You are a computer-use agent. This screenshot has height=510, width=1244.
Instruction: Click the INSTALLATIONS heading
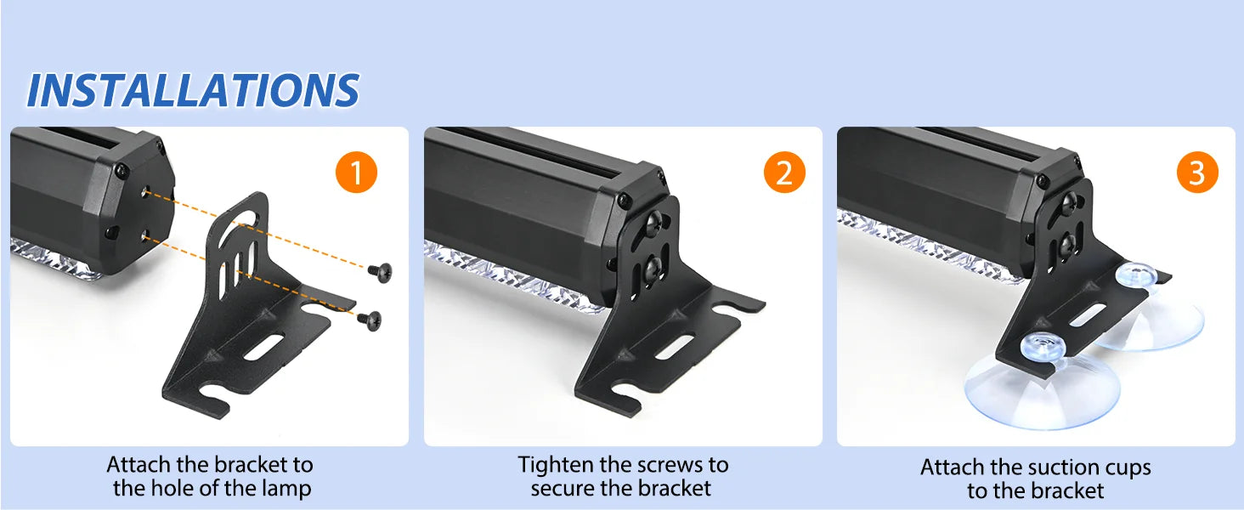pyautogui.click(x=193, y=90)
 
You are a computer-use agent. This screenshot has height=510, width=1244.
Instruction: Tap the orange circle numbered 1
pyautogui.click(x=357, y=173)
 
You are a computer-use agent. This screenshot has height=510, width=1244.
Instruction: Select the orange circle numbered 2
pyautogui.click(x=784, y=173)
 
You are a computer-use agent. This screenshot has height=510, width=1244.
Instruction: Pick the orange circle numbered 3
pyautogui.click(x=1197, y=173)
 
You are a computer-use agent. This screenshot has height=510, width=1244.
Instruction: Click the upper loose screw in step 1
pyautogui.click(x=381, y=272)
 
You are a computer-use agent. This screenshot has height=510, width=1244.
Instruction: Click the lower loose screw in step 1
pyautogui.click(x=370, y=320)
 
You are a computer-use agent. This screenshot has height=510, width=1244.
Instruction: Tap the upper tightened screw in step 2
pyautogui.click(x=653, y=222)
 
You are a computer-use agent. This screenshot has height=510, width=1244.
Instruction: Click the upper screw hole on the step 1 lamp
pyautogui.click(x=145, y=192)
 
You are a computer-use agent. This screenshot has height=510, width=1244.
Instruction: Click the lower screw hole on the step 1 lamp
pyautogui.click(x=145, y=236)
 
